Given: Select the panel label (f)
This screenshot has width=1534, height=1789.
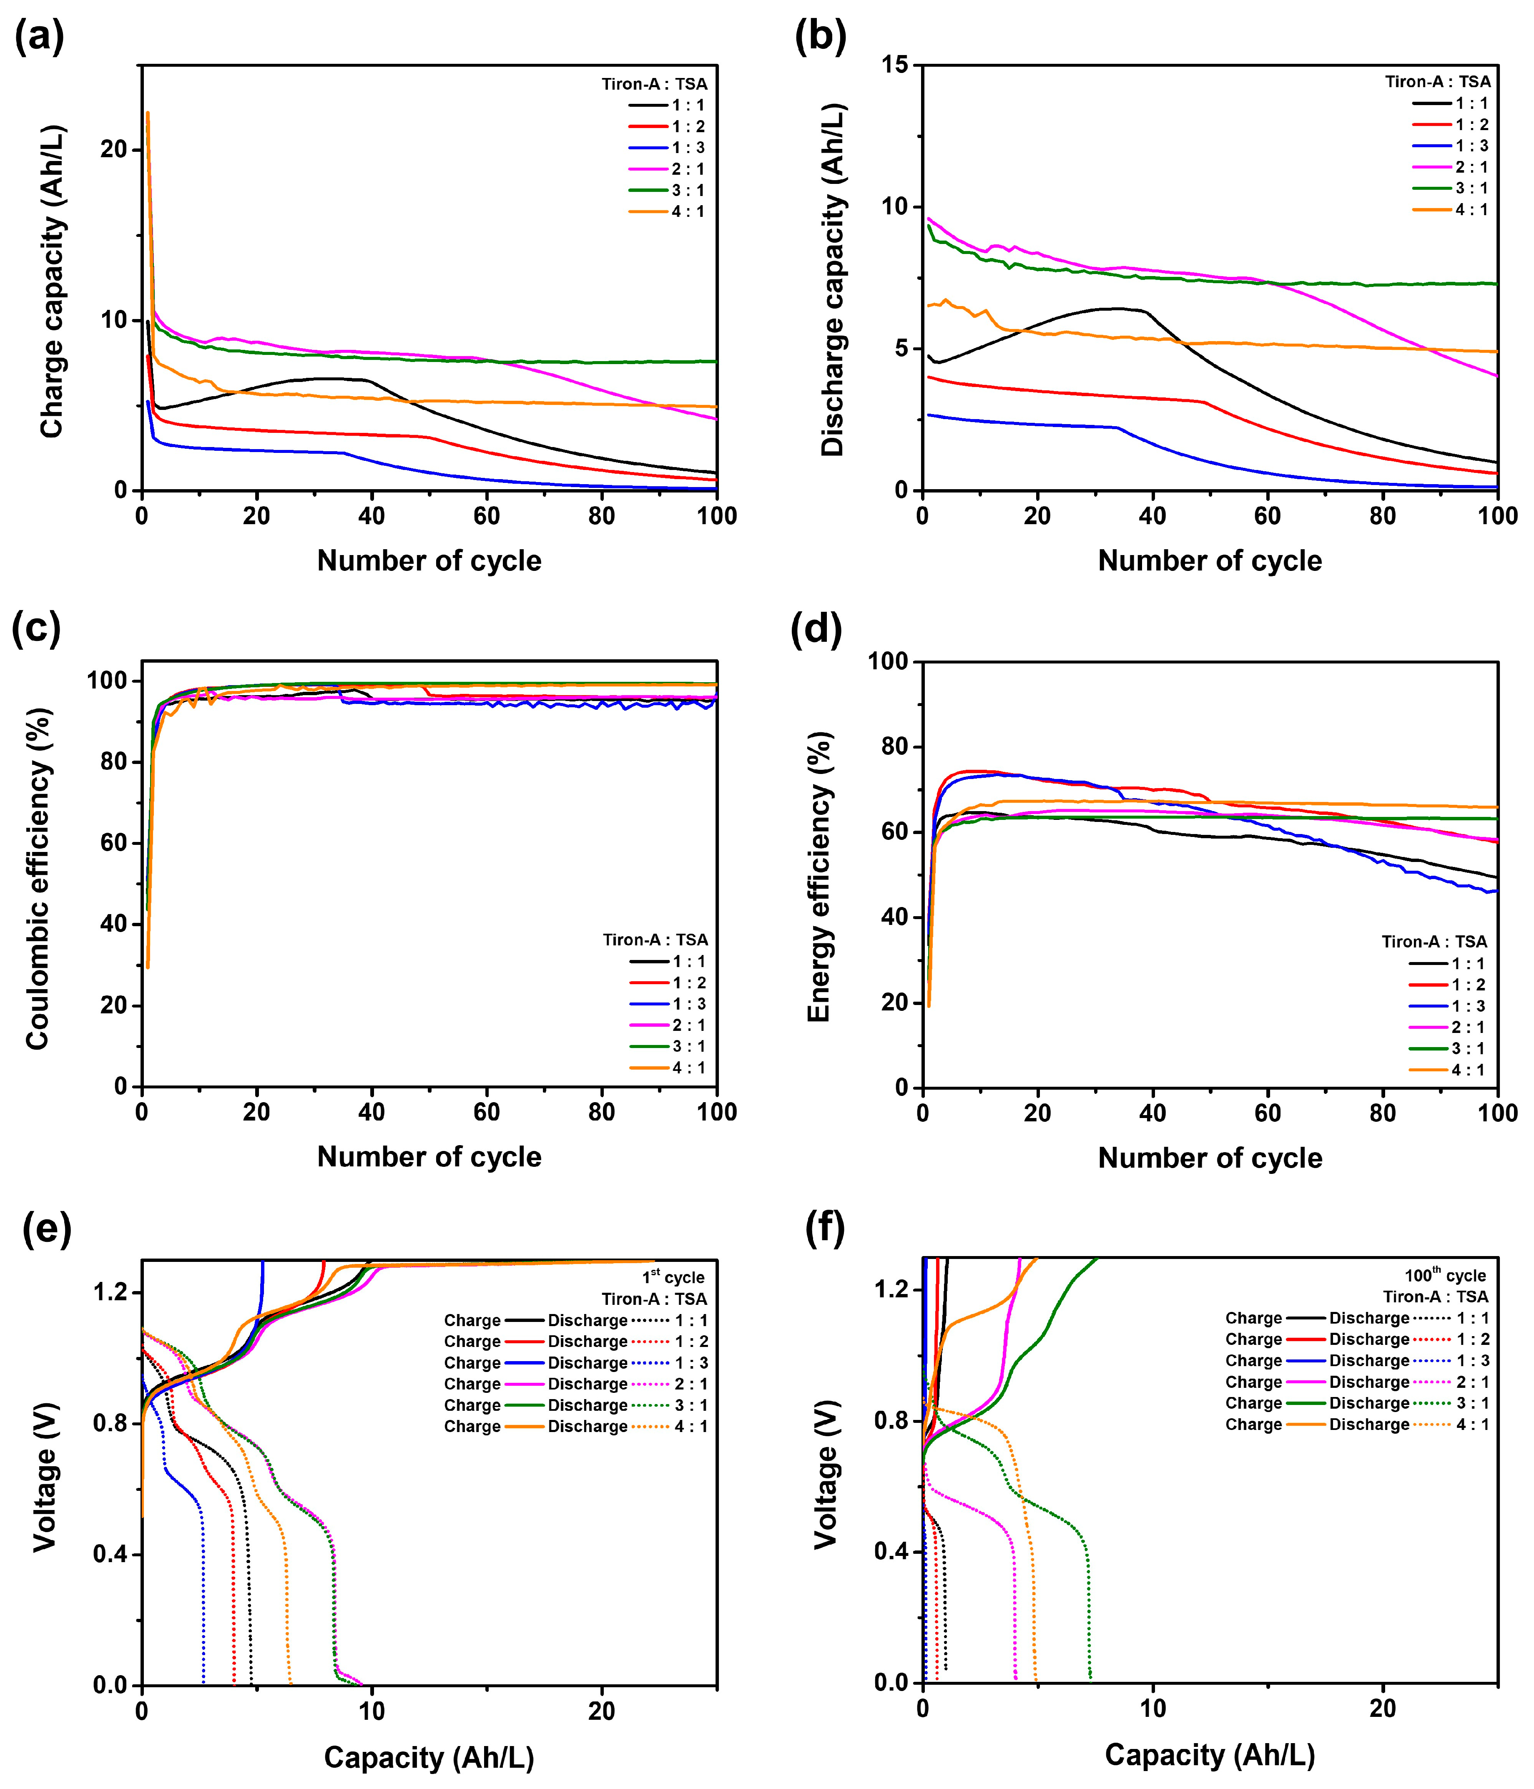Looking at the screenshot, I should pyautogui.click(x=824, y=1227).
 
